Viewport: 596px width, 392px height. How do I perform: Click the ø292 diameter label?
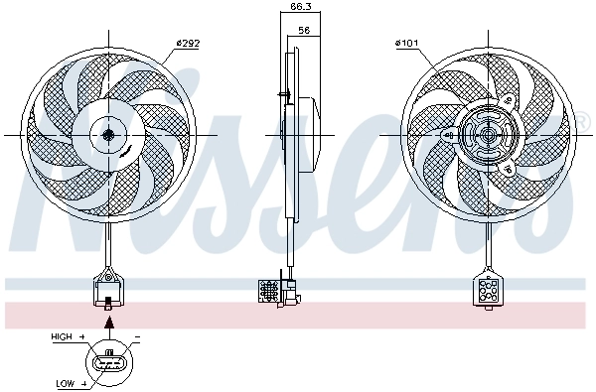189,43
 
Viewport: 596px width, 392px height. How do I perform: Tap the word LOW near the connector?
67,382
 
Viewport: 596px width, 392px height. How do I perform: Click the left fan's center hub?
107,134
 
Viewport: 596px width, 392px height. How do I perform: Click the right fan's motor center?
486,134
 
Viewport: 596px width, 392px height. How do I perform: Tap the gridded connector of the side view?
269,291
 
